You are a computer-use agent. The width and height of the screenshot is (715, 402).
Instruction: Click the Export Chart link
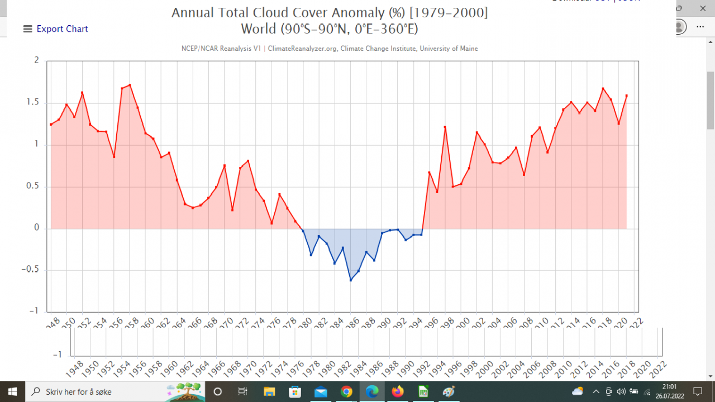[62, 29]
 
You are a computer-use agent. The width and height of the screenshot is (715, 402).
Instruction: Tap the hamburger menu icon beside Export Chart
[27, 29]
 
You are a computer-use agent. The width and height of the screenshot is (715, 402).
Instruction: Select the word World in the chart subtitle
[259, 28]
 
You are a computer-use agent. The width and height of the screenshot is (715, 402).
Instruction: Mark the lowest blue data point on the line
[351, 280]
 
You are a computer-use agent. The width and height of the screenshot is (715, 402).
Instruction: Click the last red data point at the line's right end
[626, 95]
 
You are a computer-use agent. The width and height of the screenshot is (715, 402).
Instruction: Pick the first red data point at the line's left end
[51, 125]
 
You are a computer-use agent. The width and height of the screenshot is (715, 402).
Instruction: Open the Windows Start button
[12, 391]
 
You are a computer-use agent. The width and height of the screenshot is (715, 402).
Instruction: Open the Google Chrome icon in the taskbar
[346, 392]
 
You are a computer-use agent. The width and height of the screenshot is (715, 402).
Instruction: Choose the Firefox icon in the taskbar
[398, 392]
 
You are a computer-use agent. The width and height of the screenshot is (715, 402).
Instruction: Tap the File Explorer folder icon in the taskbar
[269, 392]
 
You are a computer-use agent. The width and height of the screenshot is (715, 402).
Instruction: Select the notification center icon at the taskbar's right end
[698, 391]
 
